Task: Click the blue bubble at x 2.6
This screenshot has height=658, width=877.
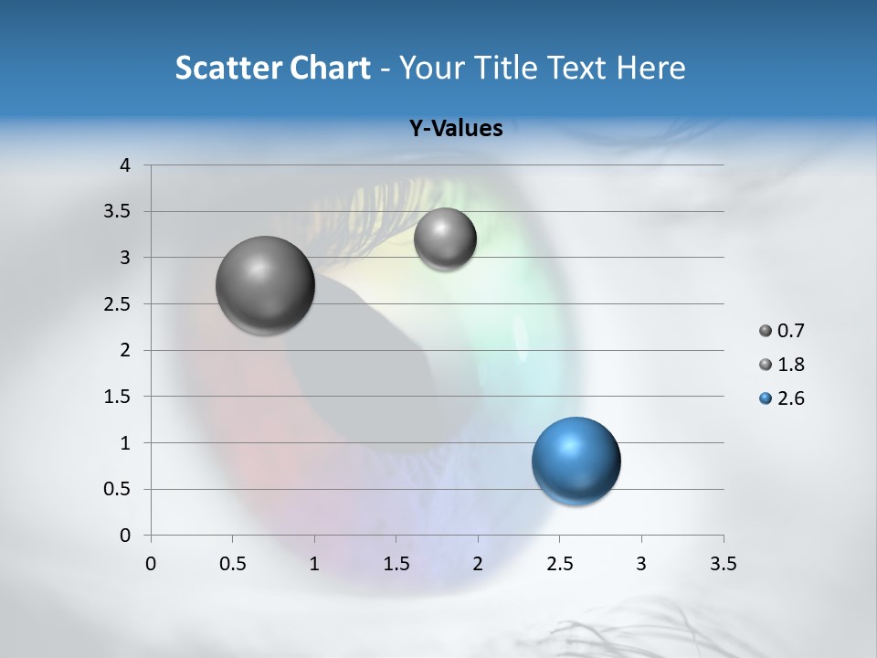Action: click(576, 461)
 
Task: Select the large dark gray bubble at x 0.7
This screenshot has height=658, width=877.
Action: click(265, 285)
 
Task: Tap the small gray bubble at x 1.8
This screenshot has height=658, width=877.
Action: click(445, 239)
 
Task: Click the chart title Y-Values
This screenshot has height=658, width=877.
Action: click(455, 128)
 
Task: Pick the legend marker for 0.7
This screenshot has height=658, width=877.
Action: click(766, 331)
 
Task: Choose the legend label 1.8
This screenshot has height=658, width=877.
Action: click(790, 365)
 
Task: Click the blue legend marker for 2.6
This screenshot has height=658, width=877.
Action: click(766, 398)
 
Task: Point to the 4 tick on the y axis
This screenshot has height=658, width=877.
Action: click(126, 165)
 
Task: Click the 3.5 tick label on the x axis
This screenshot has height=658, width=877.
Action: click(723, 564)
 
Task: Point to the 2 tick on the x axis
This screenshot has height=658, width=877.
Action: click(478, 564)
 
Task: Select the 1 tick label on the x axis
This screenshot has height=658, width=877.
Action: click(314, 564)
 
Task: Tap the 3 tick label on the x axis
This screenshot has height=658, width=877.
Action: click(640, 564)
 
